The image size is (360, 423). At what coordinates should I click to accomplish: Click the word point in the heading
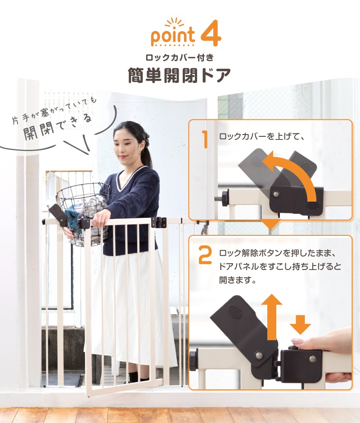pos(173,36)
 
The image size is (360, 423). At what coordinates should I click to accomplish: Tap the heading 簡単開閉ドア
pos(180,75)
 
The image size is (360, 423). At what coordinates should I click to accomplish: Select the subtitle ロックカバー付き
pos(180,57)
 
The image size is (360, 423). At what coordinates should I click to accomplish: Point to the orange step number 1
pos(205,139)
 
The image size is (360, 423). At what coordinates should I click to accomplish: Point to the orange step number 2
pos(205,255)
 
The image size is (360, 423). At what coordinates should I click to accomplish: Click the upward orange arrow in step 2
pos(272,316)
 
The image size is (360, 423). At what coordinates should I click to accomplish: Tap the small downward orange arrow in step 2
pos(300,324)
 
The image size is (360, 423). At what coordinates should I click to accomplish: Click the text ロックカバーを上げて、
pos(262,136)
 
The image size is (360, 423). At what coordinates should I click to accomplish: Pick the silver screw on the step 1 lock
pos(276,194)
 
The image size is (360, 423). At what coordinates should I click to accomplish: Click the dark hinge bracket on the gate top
pos(159,222)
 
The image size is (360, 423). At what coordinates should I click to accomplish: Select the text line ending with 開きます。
pos(238,280)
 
